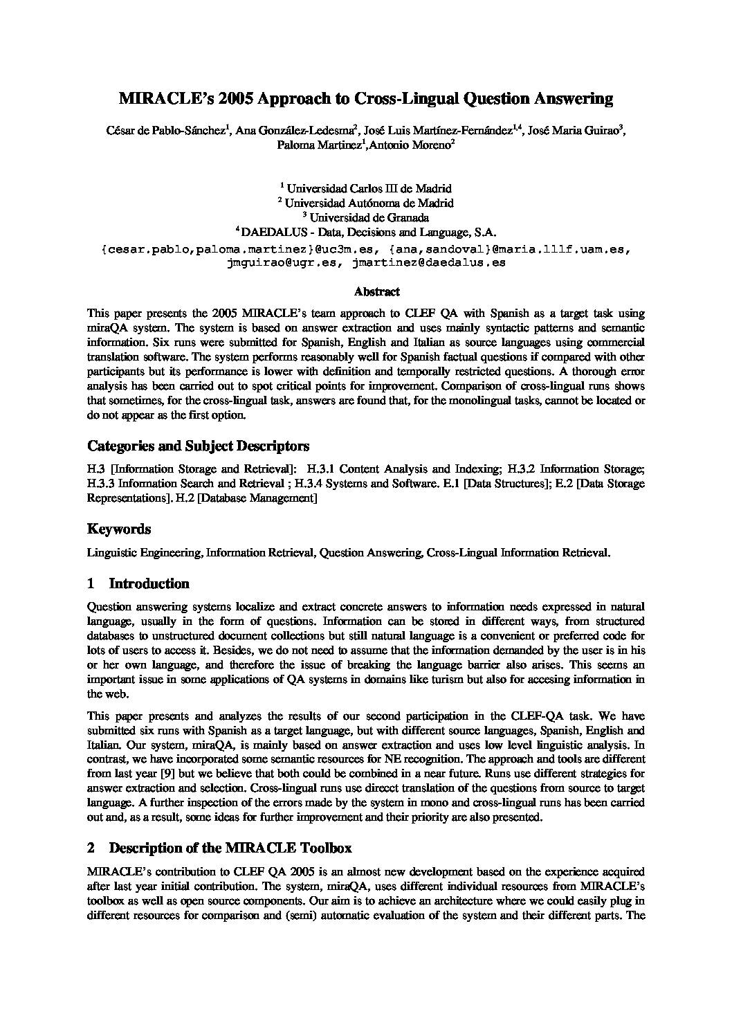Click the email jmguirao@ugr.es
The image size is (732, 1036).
point(282,263)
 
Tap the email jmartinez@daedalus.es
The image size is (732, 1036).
point(428,263)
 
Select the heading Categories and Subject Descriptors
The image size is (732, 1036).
point(198,445)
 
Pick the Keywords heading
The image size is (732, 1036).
point(118,529)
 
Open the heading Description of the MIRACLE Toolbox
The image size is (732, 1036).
point(230,848)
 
